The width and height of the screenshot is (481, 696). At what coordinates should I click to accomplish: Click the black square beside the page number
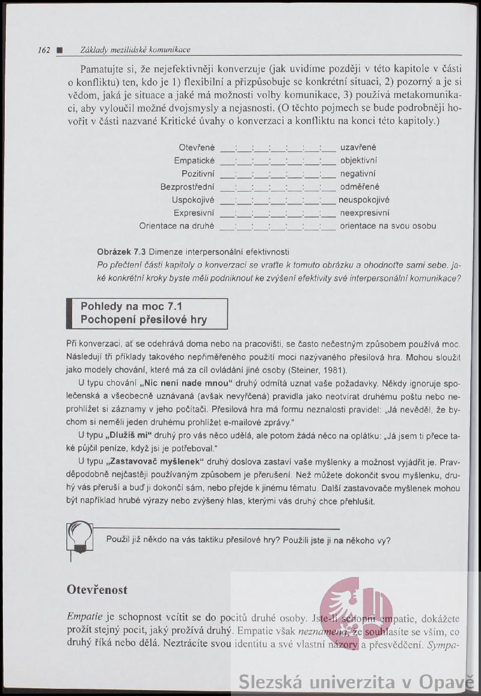[x=59, y=50]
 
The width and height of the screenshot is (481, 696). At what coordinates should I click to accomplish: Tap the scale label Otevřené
[x=197, y=147]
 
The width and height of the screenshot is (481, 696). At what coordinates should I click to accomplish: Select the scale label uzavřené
[x=358, y=147]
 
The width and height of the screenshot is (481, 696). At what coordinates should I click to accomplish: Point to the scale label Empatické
[x=194, y=160]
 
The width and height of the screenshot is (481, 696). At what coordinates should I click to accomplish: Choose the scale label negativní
[x=358, y=174]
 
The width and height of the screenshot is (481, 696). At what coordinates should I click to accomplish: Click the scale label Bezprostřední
[x=188, y=187]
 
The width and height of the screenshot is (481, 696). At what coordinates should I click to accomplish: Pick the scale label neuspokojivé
[x=364, y=200]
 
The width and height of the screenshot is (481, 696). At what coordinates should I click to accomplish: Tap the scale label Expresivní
[x=194, y=213]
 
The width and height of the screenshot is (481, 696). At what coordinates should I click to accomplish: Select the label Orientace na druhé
[x=177, y=226]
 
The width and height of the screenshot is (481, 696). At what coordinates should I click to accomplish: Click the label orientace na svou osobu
[x=388, y=226]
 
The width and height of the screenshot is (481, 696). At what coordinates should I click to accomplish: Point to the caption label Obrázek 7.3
[x=121, y=251]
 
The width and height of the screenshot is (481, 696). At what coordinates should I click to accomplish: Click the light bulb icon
[x=80, y=537]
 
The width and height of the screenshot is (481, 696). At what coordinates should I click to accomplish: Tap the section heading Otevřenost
[x=97, y=590]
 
